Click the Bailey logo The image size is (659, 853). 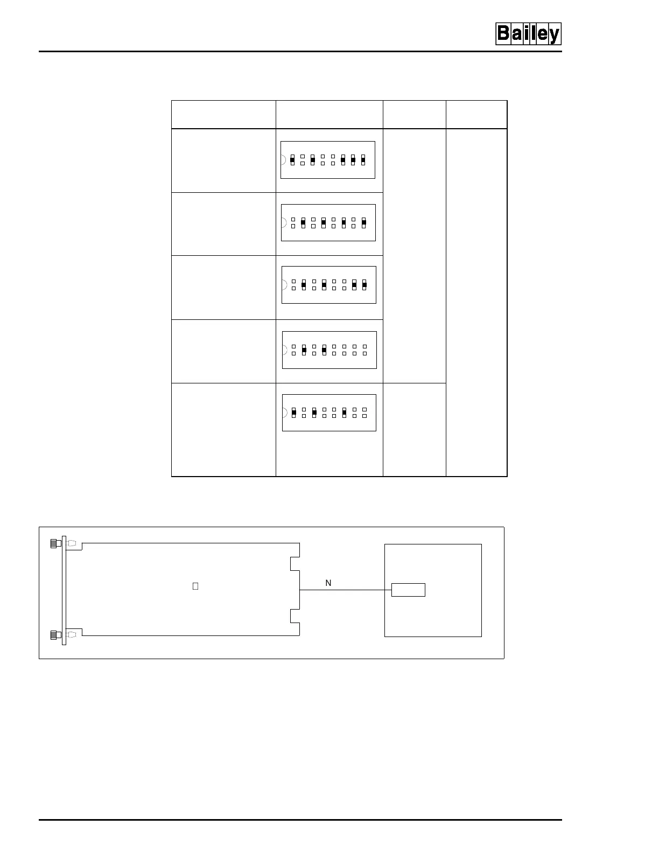pyautogui.click(x=528, y=34)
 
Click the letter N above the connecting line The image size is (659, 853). pyautogui.click(x=328, y=583)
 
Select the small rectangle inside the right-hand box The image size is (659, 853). pyautogui.click(x=408, y=590)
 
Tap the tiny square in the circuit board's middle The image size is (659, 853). pyautogui.click(x=195, y=586)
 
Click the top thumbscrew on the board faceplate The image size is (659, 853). pyautogui.click(x=54, y=543)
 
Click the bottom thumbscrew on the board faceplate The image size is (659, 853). pyautogui.click(x=54, y=635)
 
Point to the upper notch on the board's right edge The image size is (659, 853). pyautogui.click(x=295, y=564)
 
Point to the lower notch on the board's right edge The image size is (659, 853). pyautogui.click(x=295, y=616)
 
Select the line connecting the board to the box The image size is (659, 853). pyautogui.click(x=345, y=590)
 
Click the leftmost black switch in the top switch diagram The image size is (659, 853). pyautogui.click(x=292, y=159)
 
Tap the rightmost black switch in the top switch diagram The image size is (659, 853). pyautogui.click(x=363, y=159)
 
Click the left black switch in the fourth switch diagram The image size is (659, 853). pyautogui.click(x=304, y=350)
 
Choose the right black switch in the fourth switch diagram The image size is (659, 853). pyautogui.click(x=324, y=350)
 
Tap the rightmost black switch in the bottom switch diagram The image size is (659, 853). pyautogui.click(x=344, y=412)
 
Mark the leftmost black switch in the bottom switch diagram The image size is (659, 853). pyautogui.click(x=294, y=412)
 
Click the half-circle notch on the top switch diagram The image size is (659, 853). pyautogui.click(x=283, y=159)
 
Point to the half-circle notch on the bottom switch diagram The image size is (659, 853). pyautogui.click(x=285, y=412)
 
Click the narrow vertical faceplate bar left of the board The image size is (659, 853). pyautogui.click(x=64, y=590)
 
